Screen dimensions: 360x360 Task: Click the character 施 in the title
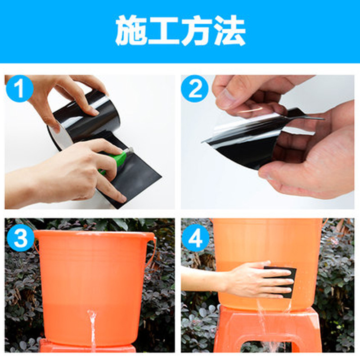(131, 31)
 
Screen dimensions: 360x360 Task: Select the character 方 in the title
(197, 31)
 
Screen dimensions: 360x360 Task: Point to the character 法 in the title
(230, 31)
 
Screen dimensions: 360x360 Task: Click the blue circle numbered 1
(19, 88)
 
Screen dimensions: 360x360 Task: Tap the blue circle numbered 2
(195, 88)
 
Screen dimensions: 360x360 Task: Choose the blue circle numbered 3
(20, 238)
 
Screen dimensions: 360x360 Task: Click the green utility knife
(114, 161)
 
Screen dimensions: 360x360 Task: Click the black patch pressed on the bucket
(280, 282)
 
